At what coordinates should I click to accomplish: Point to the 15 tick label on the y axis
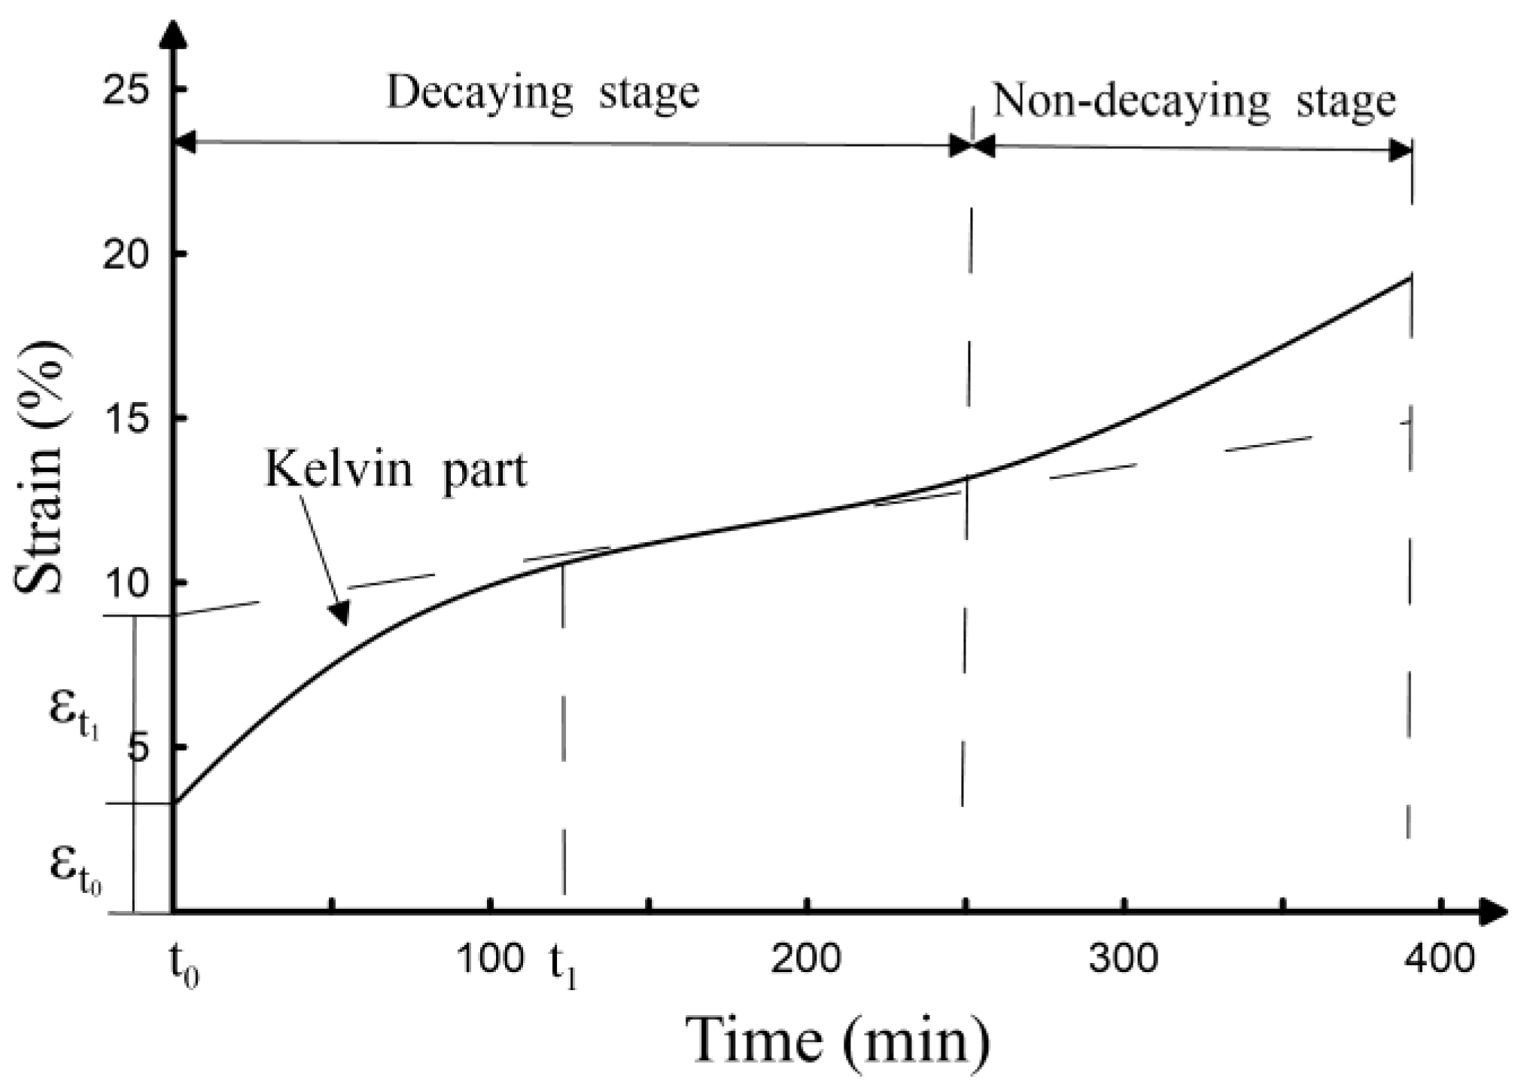(x=126, y=419)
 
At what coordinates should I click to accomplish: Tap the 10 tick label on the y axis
(x=126, y=584)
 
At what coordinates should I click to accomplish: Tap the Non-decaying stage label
(x=1194, y=102)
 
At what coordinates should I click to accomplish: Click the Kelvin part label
(x=396, y=471)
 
